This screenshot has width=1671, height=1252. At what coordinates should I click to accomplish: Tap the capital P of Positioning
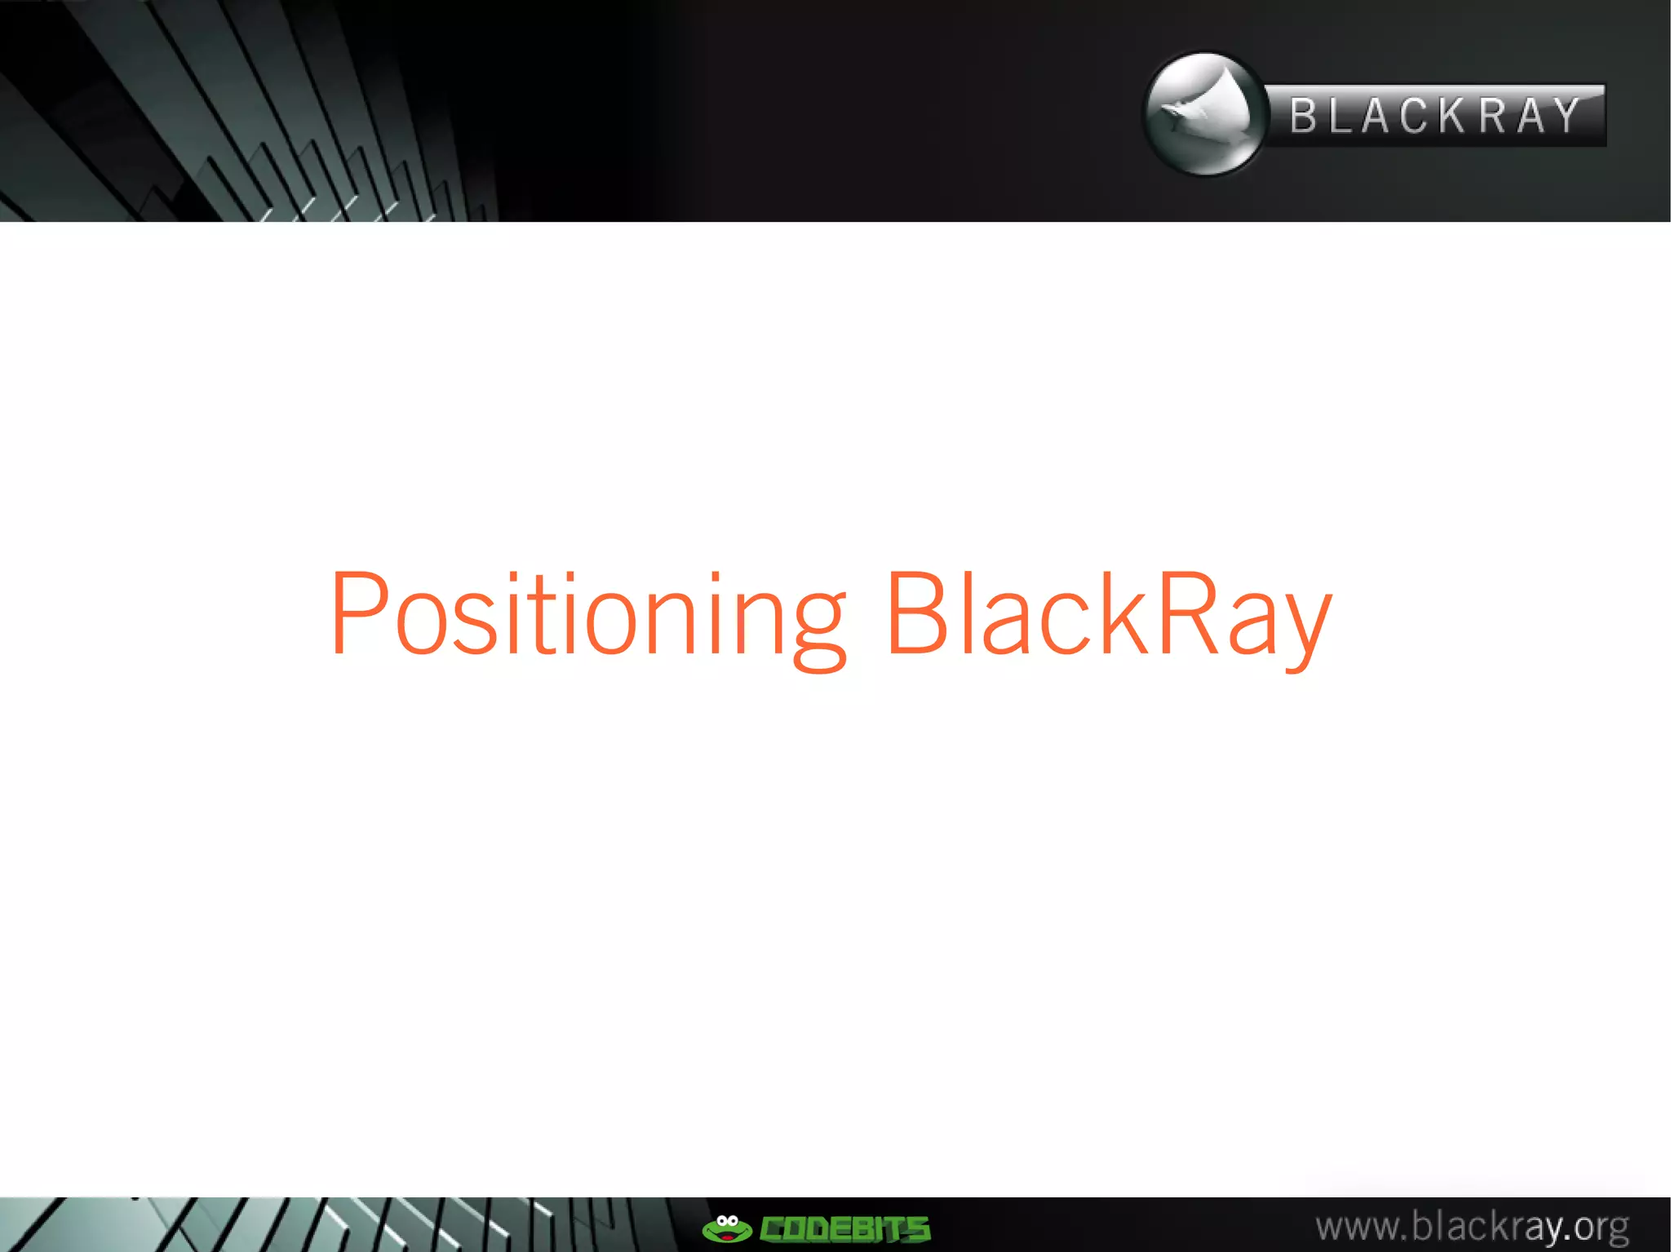click(x=359, y=612)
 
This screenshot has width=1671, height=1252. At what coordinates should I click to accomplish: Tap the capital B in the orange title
click(x=919, y=612)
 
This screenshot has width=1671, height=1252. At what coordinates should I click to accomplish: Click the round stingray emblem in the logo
click(x=1204, y=114)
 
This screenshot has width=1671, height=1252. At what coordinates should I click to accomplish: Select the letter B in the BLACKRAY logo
click(x=1304, y=116)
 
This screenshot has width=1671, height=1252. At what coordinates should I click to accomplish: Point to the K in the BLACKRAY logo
click(x=1452, y=116)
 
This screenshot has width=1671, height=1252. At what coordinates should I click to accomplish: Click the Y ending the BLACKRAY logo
click(x=1567, y=116)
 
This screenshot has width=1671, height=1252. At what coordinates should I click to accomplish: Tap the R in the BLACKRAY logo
click(x=1492, y=116)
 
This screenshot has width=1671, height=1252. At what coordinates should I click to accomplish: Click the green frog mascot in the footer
click(x=726, y=1228)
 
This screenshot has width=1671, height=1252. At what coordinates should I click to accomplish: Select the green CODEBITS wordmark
click(x=844, y=1229)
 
